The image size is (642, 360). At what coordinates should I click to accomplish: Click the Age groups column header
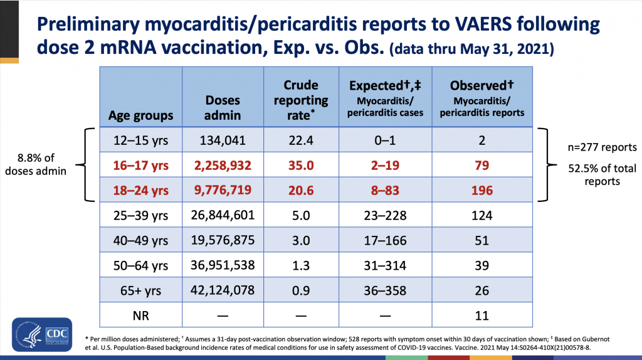pos(141,115)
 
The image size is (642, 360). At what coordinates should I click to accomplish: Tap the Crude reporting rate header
pos(301,100)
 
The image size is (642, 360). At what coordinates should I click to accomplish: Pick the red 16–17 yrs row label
pos(141,166)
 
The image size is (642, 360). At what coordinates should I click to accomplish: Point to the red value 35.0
pos(301,166)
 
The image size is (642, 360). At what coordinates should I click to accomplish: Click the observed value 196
pos(481,190)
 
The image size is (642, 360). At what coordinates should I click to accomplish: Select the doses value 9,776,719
pos(222,190)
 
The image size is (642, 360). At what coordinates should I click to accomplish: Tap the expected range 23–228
pos(381,215)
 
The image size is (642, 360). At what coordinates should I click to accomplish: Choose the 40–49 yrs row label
pos(141,241)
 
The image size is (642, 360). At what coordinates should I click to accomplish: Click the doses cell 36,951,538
pos(222,265)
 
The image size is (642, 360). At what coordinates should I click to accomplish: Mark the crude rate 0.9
pos(301,290)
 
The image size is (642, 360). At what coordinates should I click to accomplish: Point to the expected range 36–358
pos(381,290)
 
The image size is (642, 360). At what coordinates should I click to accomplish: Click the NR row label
pos(141,315)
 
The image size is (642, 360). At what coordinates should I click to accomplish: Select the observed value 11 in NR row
pos(481,315)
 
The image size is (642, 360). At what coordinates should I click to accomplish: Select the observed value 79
pos(481,166)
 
